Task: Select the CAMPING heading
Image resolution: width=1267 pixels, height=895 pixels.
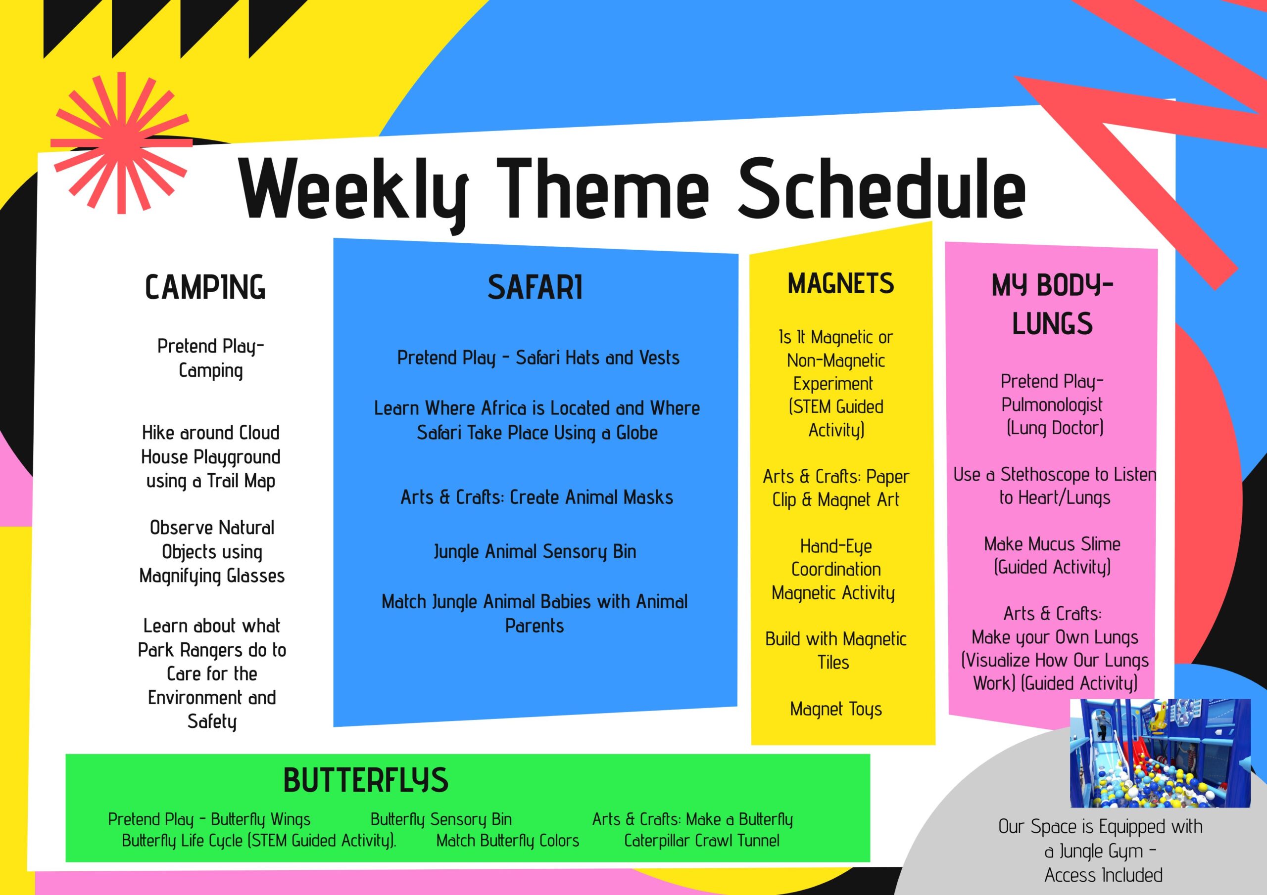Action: (205, 287)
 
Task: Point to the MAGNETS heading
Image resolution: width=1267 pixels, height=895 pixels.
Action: (840, 283)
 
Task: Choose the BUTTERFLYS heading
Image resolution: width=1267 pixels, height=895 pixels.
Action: (365, 780)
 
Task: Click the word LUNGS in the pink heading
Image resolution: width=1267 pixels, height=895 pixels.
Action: (1052, 324)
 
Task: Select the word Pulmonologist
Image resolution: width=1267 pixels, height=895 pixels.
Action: (1052, 405)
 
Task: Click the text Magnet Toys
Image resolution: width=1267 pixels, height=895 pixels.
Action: (836, 709)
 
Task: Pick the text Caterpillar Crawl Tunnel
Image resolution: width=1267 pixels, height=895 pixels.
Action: (702, 841)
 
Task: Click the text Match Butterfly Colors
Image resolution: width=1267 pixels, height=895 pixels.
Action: (508, 841)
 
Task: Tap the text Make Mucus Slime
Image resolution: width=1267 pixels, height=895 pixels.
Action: (1052, 544)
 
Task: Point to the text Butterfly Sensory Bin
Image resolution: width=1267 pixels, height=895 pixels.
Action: (441, 819)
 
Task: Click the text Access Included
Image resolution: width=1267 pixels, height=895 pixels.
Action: (1103, 875)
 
